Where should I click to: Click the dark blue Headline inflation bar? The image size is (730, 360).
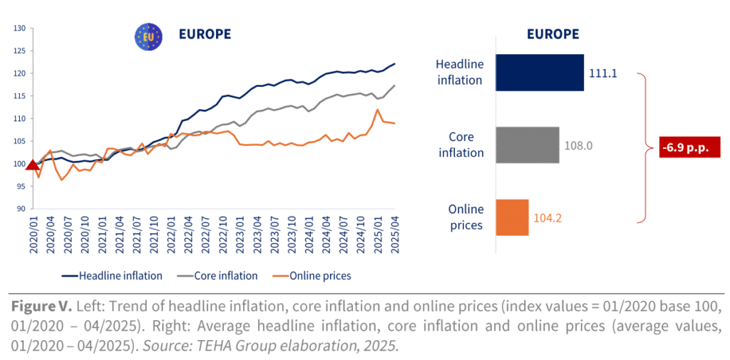[x=540, y=73]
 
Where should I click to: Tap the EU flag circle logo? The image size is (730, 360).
[x=149, y=36]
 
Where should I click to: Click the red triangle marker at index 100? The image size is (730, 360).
[x=31, y=164]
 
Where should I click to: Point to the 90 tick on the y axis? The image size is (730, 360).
[x=20, y=209]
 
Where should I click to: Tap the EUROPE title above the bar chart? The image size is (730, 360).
[x=552, y=34]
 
